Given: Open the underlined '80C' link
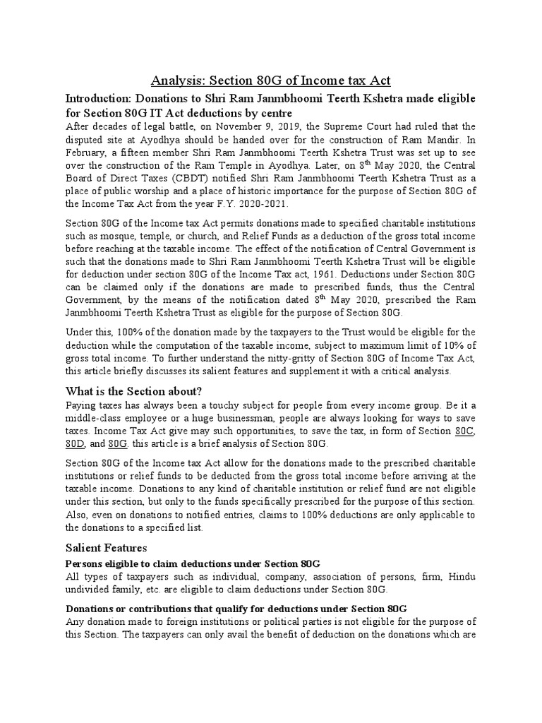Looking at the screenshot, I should [466, 431].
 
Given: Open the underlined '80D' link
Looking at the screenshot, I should [75, 443].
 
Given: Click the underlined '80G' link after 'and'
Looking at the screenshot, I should [117, 443].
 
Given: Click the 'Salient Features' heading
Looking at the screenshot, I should [106, 547].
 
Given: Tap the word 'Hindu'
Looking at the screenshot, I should [461, 576].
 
